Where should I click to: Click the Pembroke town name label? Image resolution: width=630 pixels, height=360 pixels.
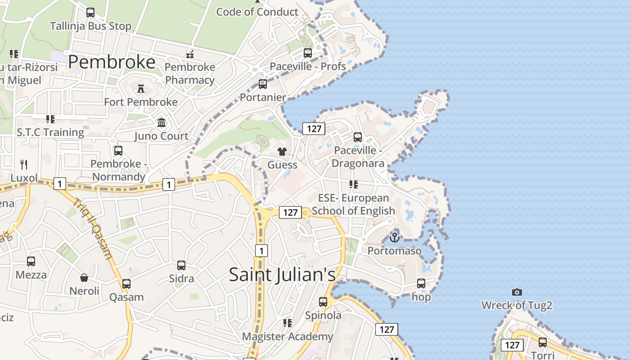[x=112, y=62]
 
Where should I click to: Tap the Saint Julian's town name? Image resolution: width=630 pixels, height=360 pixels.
[x=282, y=274]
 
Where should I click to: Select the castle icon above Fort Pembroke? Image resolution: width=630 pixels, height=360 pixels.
[x=141, y=88]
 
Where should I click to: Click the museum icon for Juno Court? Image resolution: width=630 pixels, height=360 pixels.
[x=162, y=122]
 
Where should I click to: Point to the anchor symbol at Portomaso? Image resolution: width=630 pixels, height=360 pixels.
[x=395, y=237]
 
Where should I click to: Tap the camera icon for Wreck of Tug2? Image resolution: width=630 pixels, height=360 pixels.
[x=517, y=292]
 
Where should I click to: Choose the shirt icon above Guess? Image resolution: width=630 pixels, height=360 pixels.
[x=282, y=151]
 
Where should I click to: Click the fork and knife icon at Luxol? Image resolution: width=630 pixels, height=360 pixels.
[x=24, y=165]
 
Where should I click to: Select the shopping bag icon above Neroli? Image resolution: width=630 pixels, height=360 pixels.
[x=84, y=277]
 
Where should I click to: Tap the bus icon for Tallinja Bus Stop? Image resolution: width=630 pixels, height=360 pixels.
[x=90, y=13]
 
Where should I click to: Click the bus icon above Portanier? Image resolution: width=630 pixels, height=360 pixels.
[x=263, y=84]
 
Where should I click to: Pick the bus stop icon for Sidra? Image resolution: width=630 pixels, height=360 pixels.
[x=181, y=265]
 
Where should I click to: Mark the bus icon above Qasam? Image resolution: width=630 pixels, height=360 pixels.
[x=126, y=284]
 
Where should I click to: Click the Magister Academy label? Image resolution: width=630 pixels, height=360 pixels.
[x=288, y=336]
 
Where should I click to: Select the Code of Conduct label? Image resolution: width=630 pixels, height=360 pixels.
[x=257, y=12]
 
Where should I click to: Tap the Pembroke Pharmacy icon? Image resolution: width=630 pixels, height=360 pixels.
[x=190, y=54]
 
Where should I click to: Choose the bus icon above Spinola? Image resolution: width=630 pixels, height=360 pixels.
[x=323, y=302]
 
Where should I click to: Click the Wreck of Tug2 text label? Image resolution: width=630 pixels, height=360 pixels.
[x=517, y=306]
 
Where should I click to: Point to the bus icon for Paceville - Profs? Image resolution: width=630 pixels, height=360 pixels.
[x=308, y=53]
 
